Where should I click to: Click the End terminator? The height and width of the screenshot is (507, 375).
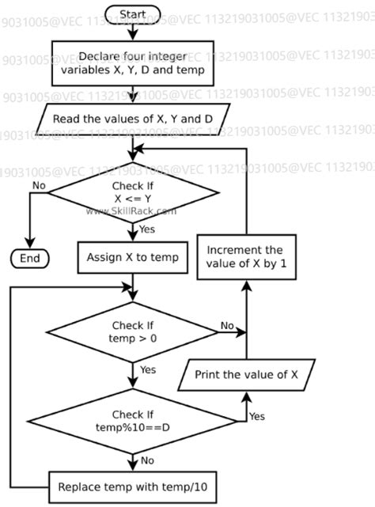coord(29,258)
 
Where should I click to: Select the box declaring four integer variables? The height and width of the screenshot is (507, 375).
coord(132,63)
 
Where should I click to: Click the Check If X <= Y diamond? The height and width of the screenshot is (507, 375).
coord(132,192)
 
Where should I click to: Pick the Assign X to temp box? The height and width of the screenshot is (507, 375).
coord(132,257)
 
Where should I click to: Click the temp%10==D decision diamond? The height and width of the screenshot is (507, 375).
coord(132,420)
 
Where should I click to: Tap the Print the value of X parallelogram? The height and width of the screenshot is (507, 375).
coord(245,376)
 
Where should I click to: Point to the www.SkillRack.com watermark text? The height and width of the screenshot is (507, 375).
coord(131,211)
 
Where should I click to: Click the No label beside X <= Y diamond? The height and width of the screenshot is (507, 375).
coord(38,184)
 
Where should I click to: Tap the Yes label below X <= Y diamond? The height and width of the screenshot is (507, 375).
coord(146,230)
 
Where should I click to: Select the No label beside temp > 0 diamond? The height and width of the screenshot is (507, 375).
coord(227,325)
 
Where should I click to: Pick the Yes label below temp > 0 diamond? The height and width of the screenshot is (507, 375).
coord(147,370)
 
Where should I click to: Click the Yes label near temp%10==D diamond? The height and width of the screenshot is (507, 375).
coord(257,415)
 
